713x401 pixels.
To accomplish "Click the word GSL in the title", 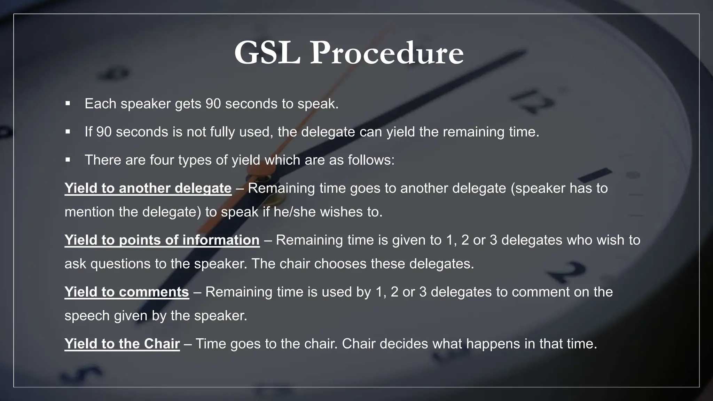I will (267, 53).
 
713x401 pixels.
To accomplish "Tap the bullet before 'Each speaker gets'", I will (68, 103).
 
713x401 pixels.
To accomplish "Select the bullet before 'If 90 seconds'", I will (68, 132).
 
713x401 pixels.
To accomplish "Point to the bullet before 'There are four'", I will (68, 160).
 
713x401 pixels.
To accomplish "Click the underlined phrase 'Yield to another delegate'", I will (148, 188).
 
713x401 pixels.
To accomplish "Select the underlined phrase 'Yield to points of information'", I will (162, 240).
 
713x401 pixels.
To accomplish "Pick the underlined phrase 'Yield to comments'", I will (127, 292).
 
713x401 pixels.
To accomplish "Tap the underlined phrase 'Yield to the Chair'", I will (122, 344).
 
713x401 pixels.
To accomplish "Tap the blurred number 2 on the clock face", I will (567, 272).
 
